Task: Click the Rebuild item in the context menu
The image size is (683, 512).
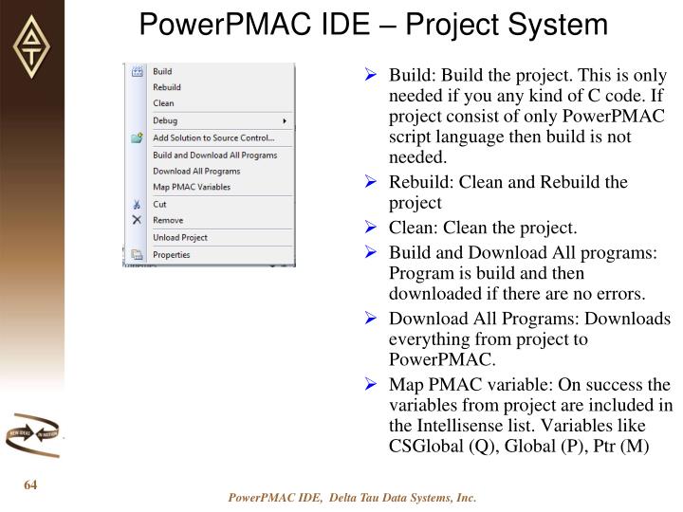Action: pos(166,87)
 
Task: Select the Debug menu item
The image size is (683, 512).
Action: pos(165,121)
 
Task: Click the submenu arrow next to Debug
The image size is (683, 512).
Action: pos(285,121)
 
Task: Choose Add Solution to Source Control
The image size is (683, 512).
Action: pos(212,138)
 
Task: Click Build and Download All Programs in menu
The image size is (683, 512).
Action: pos(214,155)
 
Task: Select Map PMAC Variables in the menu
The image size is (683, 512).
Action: pos(192,187)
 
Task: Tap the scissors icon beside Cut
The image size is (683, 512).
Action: pos(137,204)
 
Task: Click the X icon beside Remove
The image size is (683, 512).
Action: pos(137,219)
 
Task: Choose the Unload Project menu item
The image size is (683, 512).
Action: pos(180,237)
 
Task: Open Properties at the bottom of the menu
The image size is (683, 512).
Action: pos(172,254)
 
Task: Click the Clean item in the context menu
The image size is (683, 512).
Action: pos(163,103)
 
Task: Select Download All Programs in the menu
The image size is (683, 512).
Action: pos(196,171)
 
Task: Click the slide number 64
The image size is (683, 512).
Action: pos(30,486)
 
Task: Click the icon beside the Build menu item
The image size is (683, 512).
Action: pos(137,71)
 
